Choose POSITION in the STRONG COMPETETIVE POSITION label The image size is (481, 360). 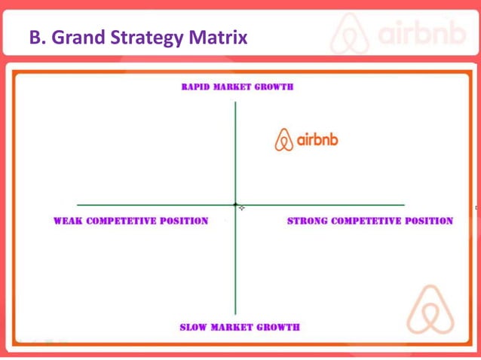pos(427,221)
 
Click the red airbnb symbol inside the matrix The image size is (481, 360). pos(283,140)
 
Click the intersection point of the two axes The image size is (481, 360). pos(235,204)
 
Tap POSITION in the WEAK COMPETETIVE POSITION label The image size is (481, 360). pos(183,221)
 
